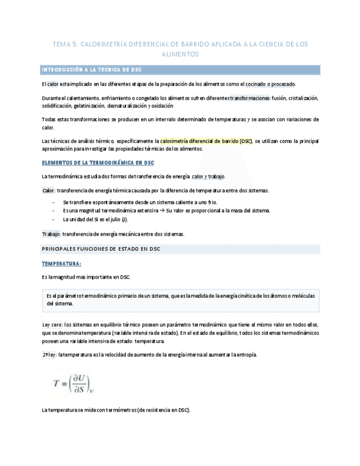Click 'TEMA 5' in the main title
65,44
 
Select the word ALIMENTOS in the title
180,54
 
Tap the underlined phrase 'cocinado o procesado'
270,84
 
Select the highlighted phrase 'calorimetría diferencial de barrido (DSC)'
206,141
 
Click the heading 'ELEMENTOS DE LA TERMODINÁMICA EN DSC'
98,163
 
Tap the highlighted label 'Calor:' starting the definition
49,191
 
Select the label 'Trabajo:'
51,234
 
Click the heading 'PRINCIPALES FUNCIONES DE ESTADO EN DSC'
101,249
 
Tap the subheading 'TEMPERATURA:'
62,264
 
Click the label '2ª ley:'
49,354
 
